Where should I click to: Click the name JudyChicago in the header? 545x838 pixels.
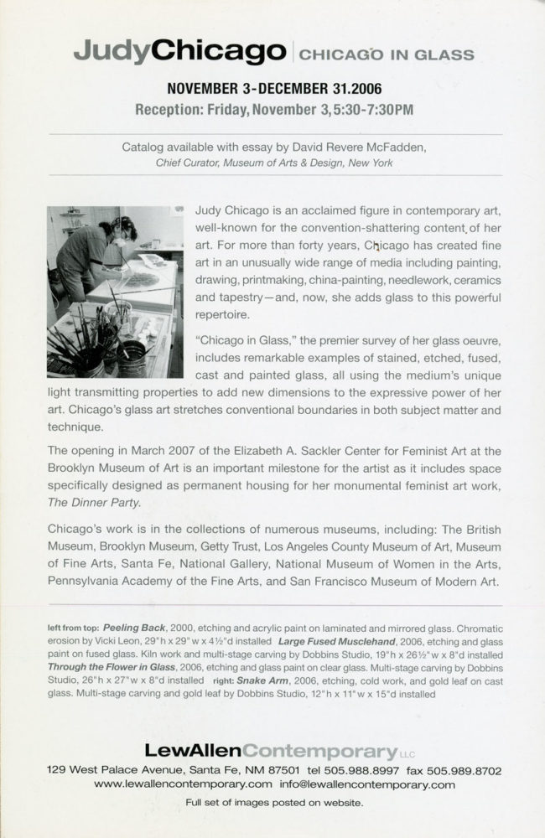point(179,53)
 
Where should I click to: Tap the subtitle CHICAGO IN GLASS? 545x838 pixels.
point(387,55)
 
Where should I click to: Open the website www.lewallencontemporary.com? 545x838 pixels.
point(183,784)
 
